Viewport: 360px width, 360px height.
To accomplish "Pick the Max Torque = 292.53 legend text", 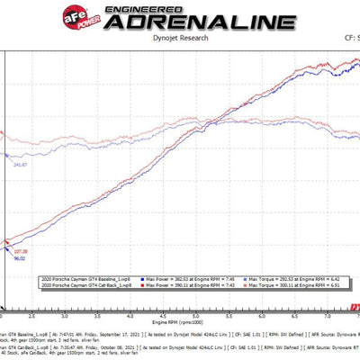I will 273,280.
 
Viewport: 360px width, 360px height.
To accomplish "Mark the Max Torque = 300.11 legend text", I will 273,286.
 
